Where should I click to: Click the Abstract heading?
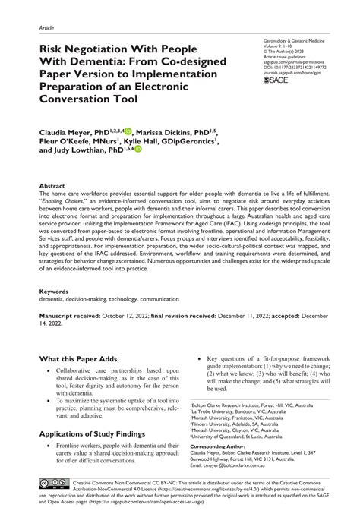52,185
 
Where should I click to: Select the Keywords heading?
55,292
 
